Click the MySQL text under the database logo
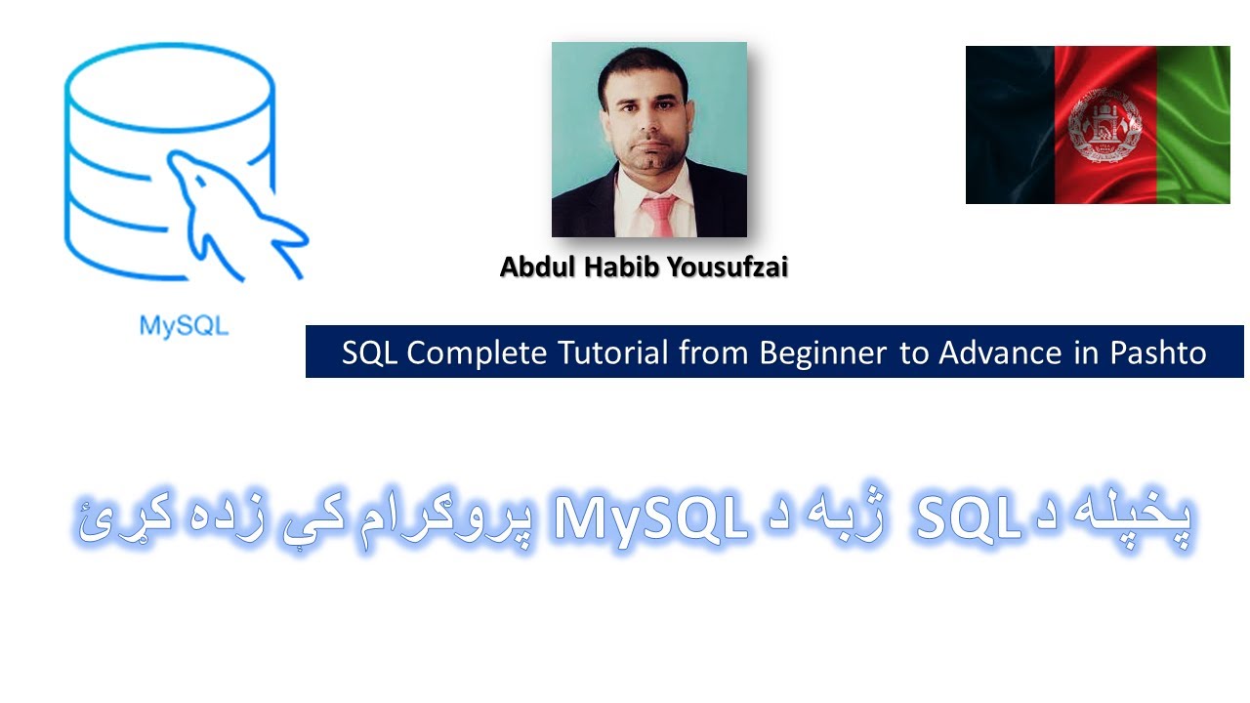pos(184,325)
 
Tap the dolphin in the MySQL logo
pos(234,210)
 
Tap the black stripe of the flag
pos(1009,125)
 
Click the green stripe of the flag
pos(1193,125)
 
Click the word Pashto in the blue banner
pos(1159,352)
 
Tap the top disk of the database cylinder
pos(169,73)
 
